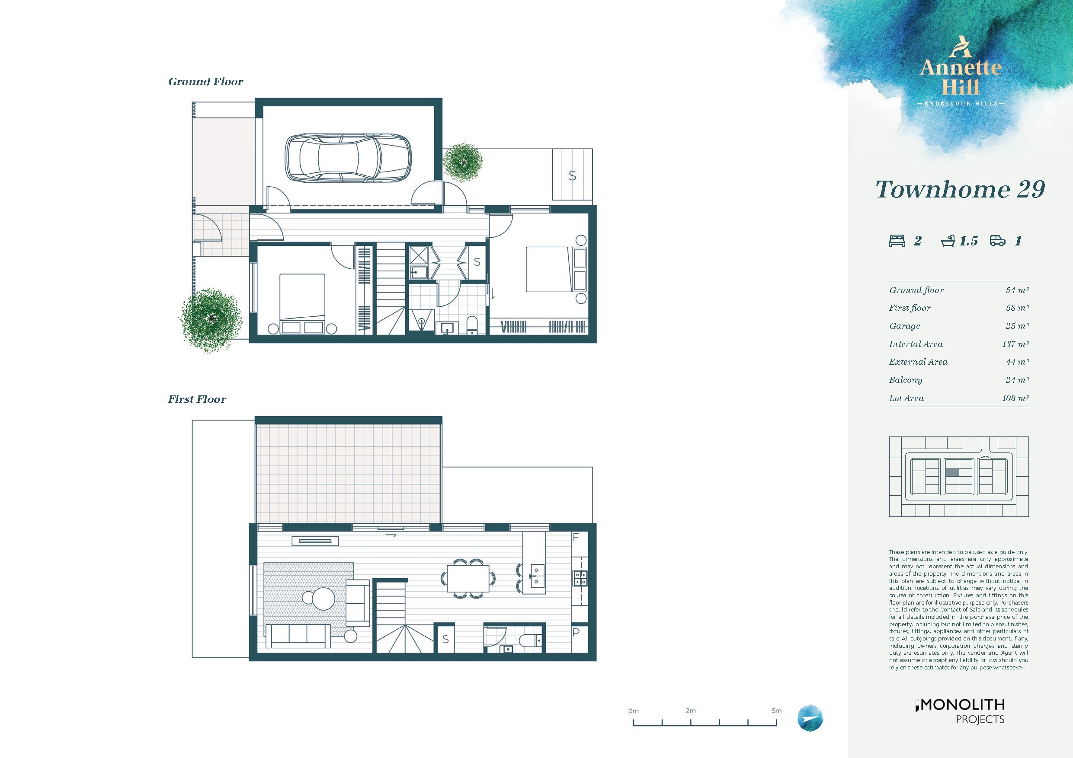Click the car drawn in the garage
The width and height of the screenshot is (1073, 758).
pyautogui.click(x=348, y=158)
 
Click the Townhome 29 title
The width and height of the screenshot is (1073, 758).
pyautogui.click(x=960, y=189)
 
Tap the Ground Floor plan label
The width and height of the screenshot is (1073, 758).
pyautogui.click(x=205, y=82)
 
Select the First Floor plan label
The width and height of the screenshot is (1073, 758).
pyautogui.click(x=197, y=399)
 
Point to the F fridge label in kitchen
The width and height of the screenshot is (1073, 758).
pyautogui.click(x=576, y=537)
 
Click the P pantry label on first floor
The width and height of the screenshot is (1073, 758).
pyautogui.click(x=576, y=632)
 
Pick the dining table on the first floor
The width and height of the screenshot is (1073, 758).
pyautogui.click(x=468, y=579)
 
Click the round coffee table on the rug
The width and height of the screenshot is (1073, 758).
pyautogui.click(x=324, y=598)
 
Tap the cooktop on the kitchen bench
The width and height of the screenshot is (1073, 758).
pyautogui.click(x=580, y=578)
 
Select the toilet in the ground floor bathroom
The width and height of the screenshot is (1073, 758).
pyautogui.click(x=472, y=325)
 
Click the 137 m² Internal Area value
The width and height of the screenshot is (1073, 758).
pyautogui.click(x=1015, y=344)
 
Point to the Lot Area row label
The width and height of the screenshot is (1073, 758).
pyautogui.click(x=906, y=398)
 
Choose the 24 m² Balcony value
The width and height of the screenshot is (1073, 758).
pyautogui.click(x=1017, y=380)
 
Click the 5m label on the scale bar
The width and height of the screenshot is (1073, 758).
pyautogui.click(x=776, y=710)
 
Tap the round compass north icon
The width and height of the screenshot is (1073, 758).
pyautogui.click(x=810, y=718)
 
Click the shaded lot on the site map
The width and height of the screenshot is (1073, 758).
pyautogui.click(x=952, y=473)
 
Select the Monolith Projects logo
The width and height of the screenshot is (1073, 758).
pyautogui.click(x=960, y=711)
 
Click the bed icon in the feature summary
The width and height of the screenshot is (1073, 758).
pyautogui.click(x=897, y=241)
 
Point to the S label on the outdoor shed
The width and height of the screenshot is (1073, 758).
pyautogui.click(x=572, y=175)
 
